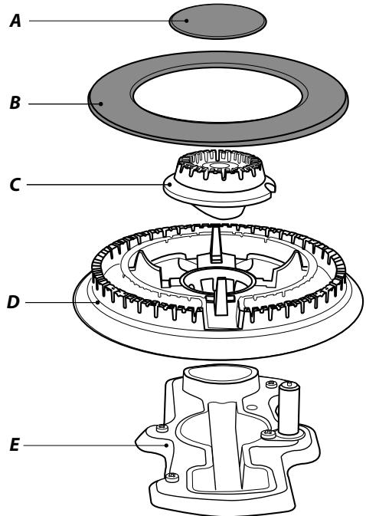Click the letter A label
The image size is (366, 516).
[15, 21]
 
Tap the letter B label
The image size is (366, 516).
[15, 103]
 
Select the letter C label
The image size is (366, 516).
[15, 185]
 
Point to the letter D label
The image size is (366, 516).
[13, 302]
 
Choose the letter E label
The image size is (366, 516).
[15, 445]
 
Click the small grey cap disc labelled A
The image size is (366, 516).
[217, 21]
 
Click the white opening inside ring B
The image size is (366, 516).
[217, 95]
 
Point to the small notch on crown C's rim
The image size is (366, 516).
[270, 186]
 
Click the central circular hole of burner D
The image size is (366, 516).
[217, 282]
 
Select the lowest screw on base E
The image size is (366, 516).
[172, 476]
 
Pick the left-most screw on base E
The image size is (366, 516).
[162, 428]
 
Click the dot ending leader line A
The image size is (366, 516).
[187, 21]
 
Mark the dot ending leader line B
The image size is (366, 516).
[101, 104]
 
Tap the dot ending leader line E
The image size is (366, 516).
[167, 445]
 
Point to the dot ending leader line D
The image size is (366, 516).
[97, 302]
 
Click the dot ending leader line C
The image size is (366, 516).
[169, 185]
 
